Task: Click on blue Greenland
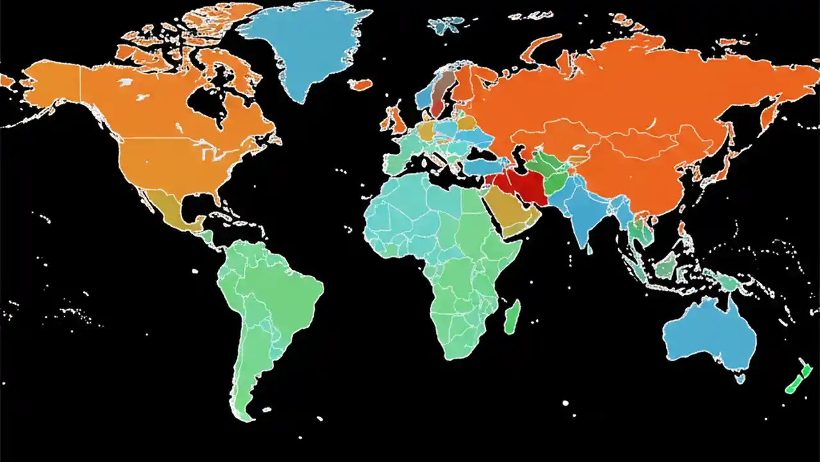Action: point(307,45)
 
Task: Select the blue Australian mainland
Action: point(708,334)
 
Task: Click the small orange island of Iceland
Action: point(363,84)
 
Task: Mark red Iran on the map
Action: point(522,183)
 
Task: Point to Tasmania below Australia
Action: point(740,378)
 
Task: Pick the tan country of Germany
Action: point(426,131)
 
